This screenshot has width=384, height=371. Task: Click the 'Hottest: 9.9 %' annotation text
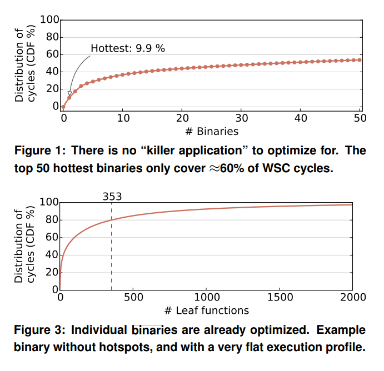pyautogui.click(x=128, y=48)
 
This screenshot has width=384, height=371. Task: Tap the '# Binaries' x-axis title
pyautogui.click(x=211, y=131)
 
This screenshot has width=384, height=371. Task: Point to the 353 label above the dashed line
pyautogui.click(x=112, y=196)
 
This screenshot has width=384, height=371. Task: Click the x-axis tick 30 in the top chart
pyautogui.click(x=241, y=118)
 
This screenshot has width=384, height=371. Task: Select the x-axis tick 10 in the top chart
pyautogui.click(x=123, y=118)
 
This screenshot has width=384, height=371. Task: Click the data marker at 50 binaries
pyautogui.click(x=360, y=60)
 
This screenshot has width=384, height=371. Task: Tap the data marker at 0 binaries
pyautogui.click(x=63, y=106)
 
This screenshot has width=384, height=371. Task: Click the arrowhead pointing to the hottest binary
pyautogui.click(x=69, y=94)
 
